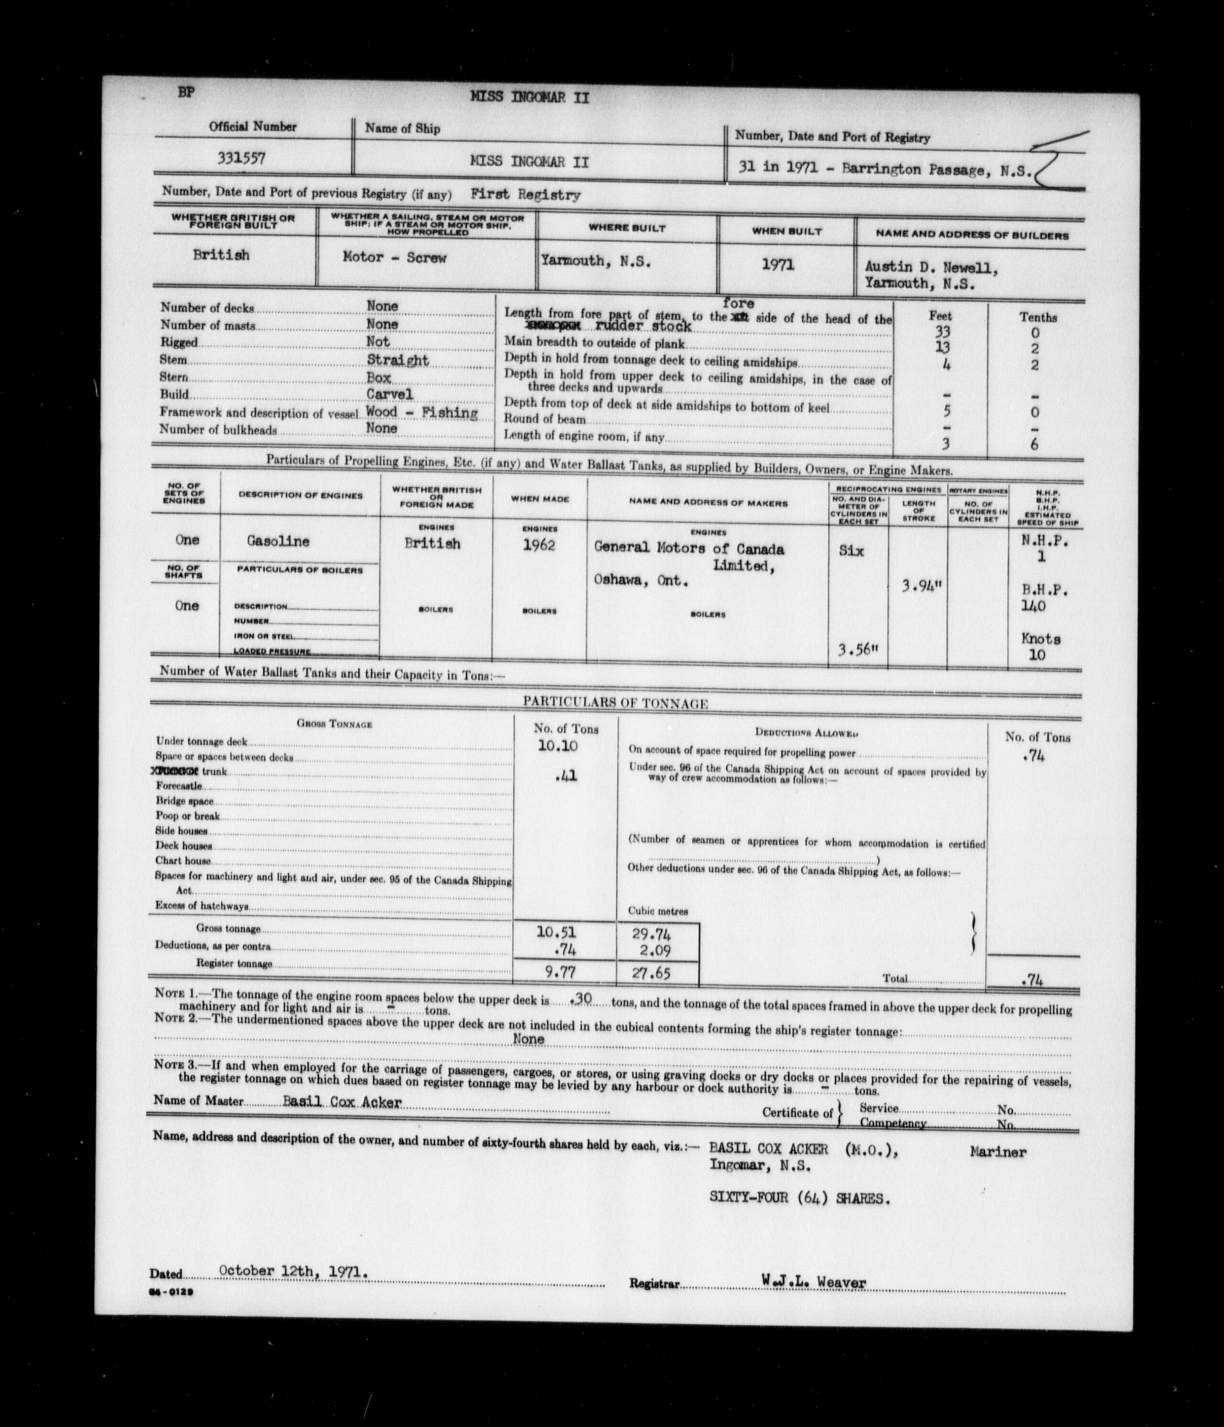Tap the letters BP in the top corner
[186, 92]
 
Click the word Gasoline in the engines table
[278, 541]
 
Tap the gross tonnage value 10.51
[556, 933]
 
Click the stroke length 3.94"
[922, 587]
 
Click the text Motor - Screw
[394, 258]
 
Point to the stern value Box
[379, 377]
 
